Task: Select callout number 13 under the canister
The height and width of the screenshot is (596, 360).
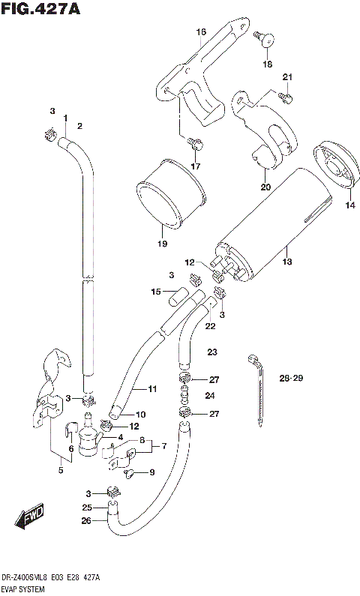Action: pos(286,262)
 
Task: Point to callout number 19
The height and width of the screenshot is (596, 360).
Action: pos(160,242)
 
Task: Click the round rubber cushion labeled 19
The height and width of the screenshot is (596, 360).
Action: pos(171,193)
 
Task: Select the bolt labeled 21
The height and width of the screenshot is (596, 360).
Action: pos(286,97)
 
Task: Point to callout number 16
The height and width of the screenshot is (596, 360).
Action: pos(200,31)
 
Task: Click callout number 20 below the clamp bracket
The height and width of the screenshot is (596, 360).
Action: pos(265,187)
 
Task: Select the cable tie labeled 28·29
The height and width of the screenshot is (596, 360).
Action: pos(256,390)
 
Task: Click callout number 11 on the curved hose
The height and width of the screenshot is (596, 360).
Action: pos(152,388)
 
